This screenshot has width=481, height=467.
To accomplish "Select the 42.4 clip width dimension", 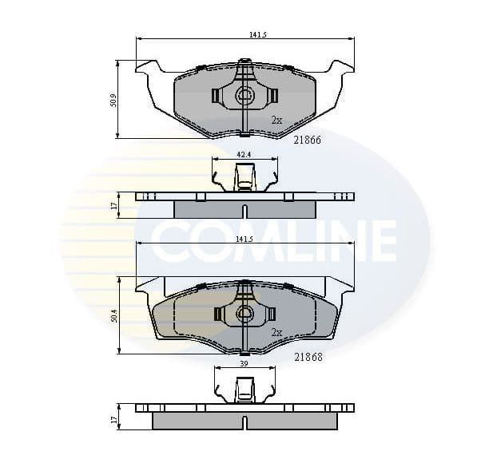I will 244,154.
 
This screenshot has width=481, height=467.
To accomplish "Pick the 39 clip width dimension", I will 244,363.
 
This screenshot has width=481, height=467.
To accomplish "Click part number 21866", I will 308,140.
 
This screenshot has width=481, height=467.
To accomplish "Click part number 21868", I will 308,357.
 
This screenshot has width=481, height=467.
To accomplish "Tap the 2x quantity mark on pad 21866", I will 276,120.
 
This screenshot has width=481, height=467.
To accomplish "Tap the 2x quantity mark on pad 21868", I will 276,332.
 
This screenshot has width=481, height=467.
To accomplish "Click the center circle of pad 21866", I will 244,97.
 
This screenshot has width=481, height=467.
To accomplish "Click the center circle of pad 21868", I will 244,315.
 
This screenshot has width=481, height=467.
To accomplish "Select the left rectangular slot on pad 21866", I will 216,96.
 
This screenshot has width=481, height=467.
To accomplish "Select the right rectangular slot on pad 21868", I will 272,314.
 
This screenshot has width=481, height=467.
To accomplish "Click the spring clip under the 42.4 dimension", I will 244,176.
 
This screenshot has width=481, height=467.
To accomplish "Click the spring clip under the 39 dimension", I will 244,389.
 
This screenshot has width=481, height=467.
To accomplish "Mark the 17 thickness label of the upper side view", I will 115,205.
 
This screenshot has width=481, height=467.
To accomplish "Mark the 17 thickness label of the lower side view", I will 115,418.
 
